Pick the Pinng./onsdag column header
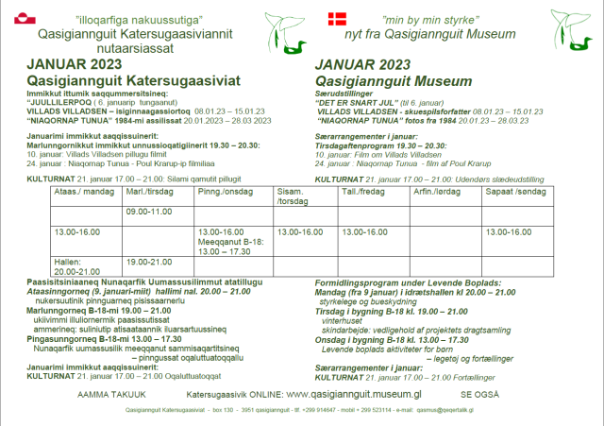point(221,192)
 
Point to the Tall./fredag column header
point(363,192)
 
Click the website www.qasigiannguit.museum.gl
point(353,393)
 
